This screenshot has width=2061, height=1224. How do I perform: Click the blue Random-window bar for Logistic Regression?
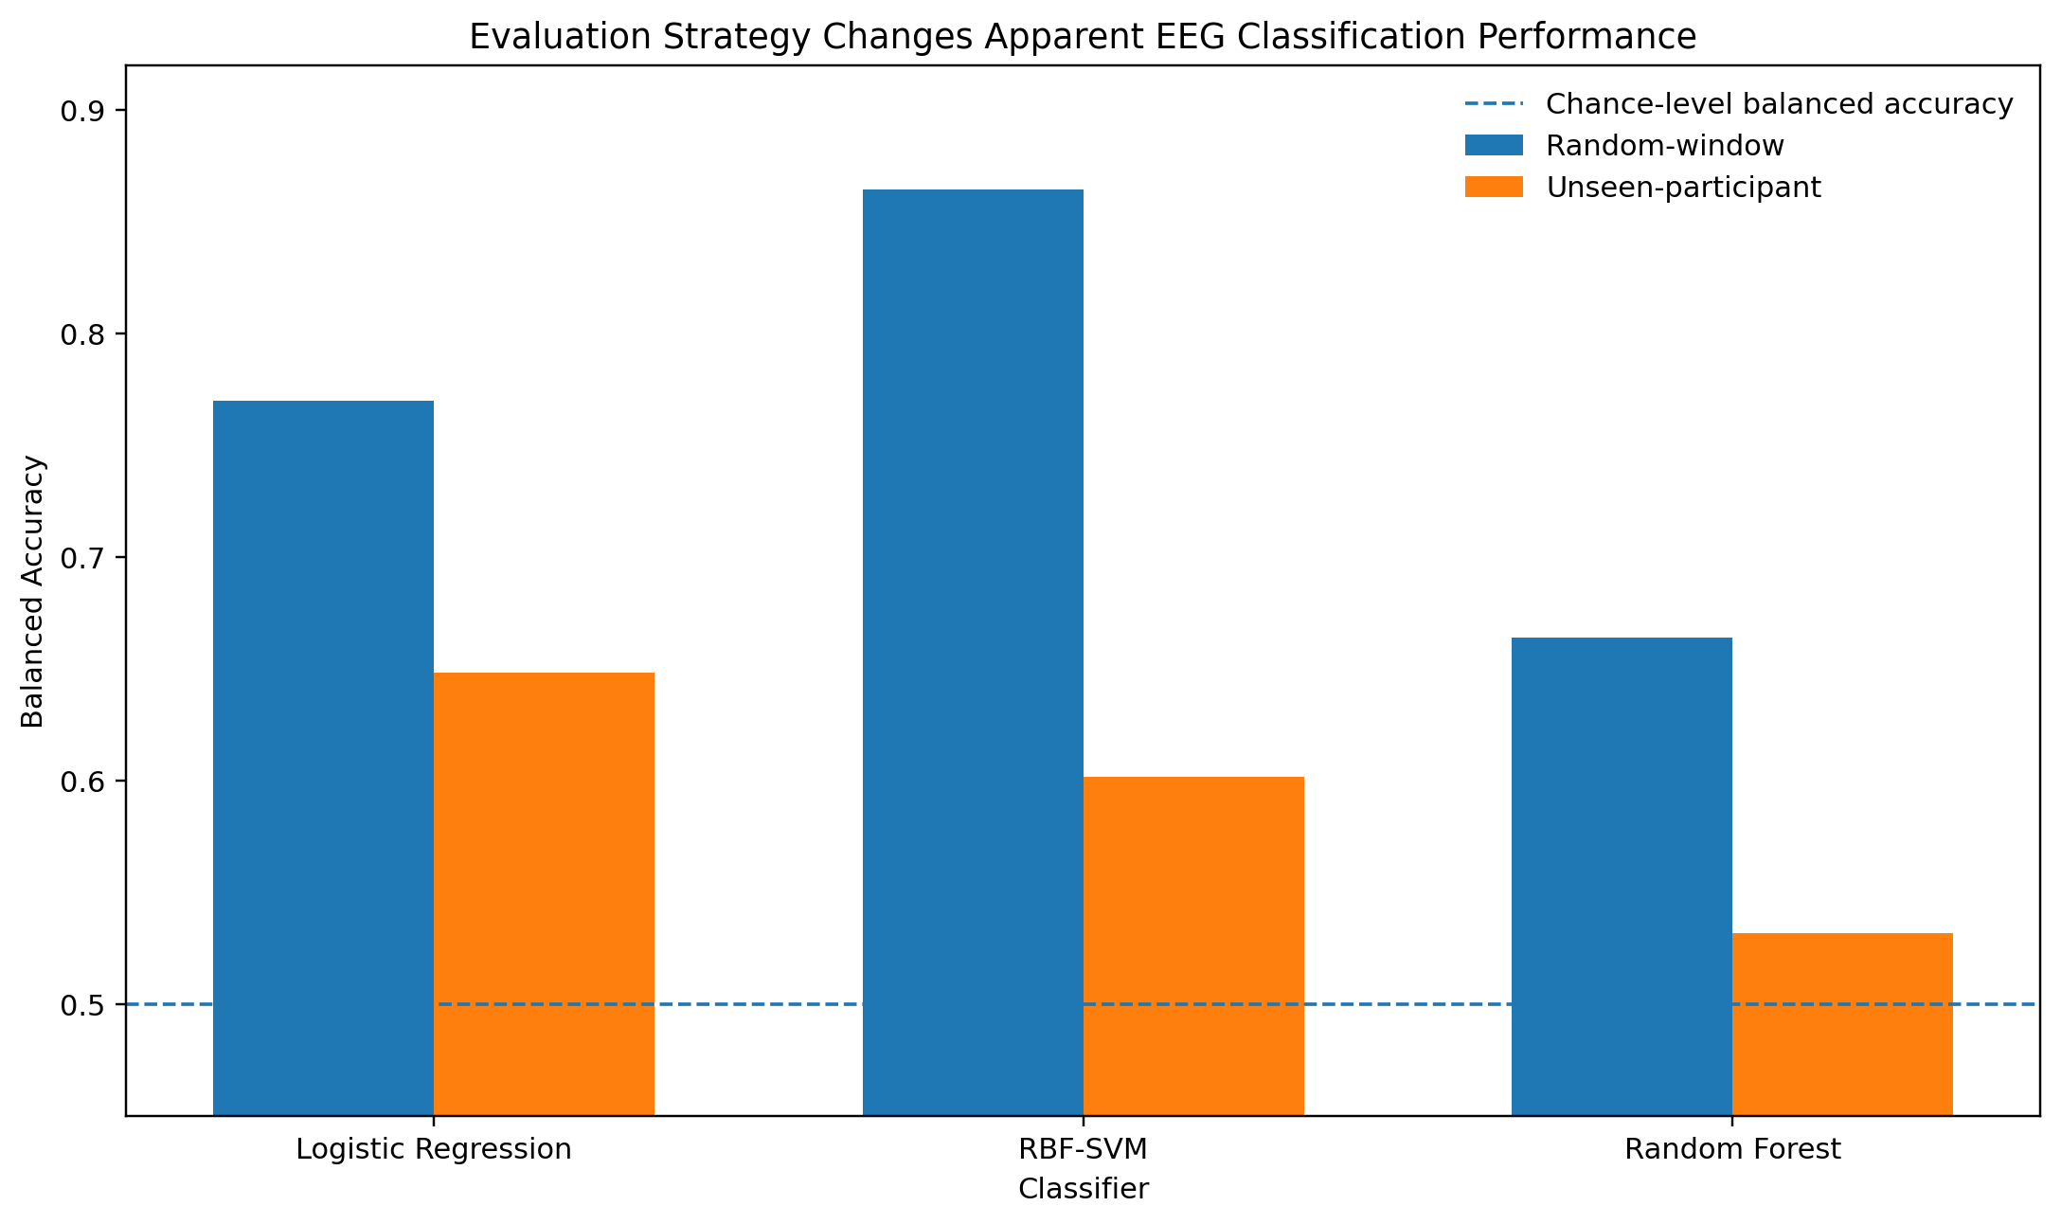coord(323,758)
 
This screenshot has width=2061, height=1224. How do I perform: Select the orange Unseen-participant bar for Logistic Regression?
coord(544,894)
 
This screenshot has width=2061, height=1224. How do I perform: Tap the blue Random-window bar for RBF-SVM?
coord(973,653)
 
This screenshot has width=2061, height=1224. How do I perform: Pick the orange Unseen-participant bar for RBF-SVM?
coord(1193,946)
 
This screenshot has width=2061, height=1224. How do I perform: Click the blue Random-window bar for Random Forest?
coord(1622,876)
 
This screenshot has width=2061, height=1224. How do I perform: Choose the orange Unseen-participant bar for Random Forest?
coord(1842,1024)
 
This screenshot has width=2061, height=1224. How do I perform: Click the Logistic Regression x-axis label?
coord(434,1149)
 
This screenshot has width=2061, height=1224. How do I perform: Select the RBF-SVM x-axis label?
coord(1084,1149)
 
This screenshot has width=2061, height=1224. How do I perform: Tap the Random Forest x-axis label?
coord(1732,1149)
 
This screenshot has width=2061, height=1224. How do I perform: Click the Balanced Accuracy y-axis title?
coord(33,591)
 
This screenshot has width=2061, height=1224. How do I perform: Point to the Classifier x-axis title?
coord(1084,1189)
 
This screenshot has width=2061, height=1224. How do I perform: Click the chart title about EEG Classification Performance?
coord(1083,37)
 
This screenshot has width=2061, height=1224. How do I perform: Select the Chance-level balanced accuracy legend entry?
coord(1739,104)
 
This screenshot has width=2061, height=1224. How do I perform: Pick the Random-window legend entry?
coord(1624,145)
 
